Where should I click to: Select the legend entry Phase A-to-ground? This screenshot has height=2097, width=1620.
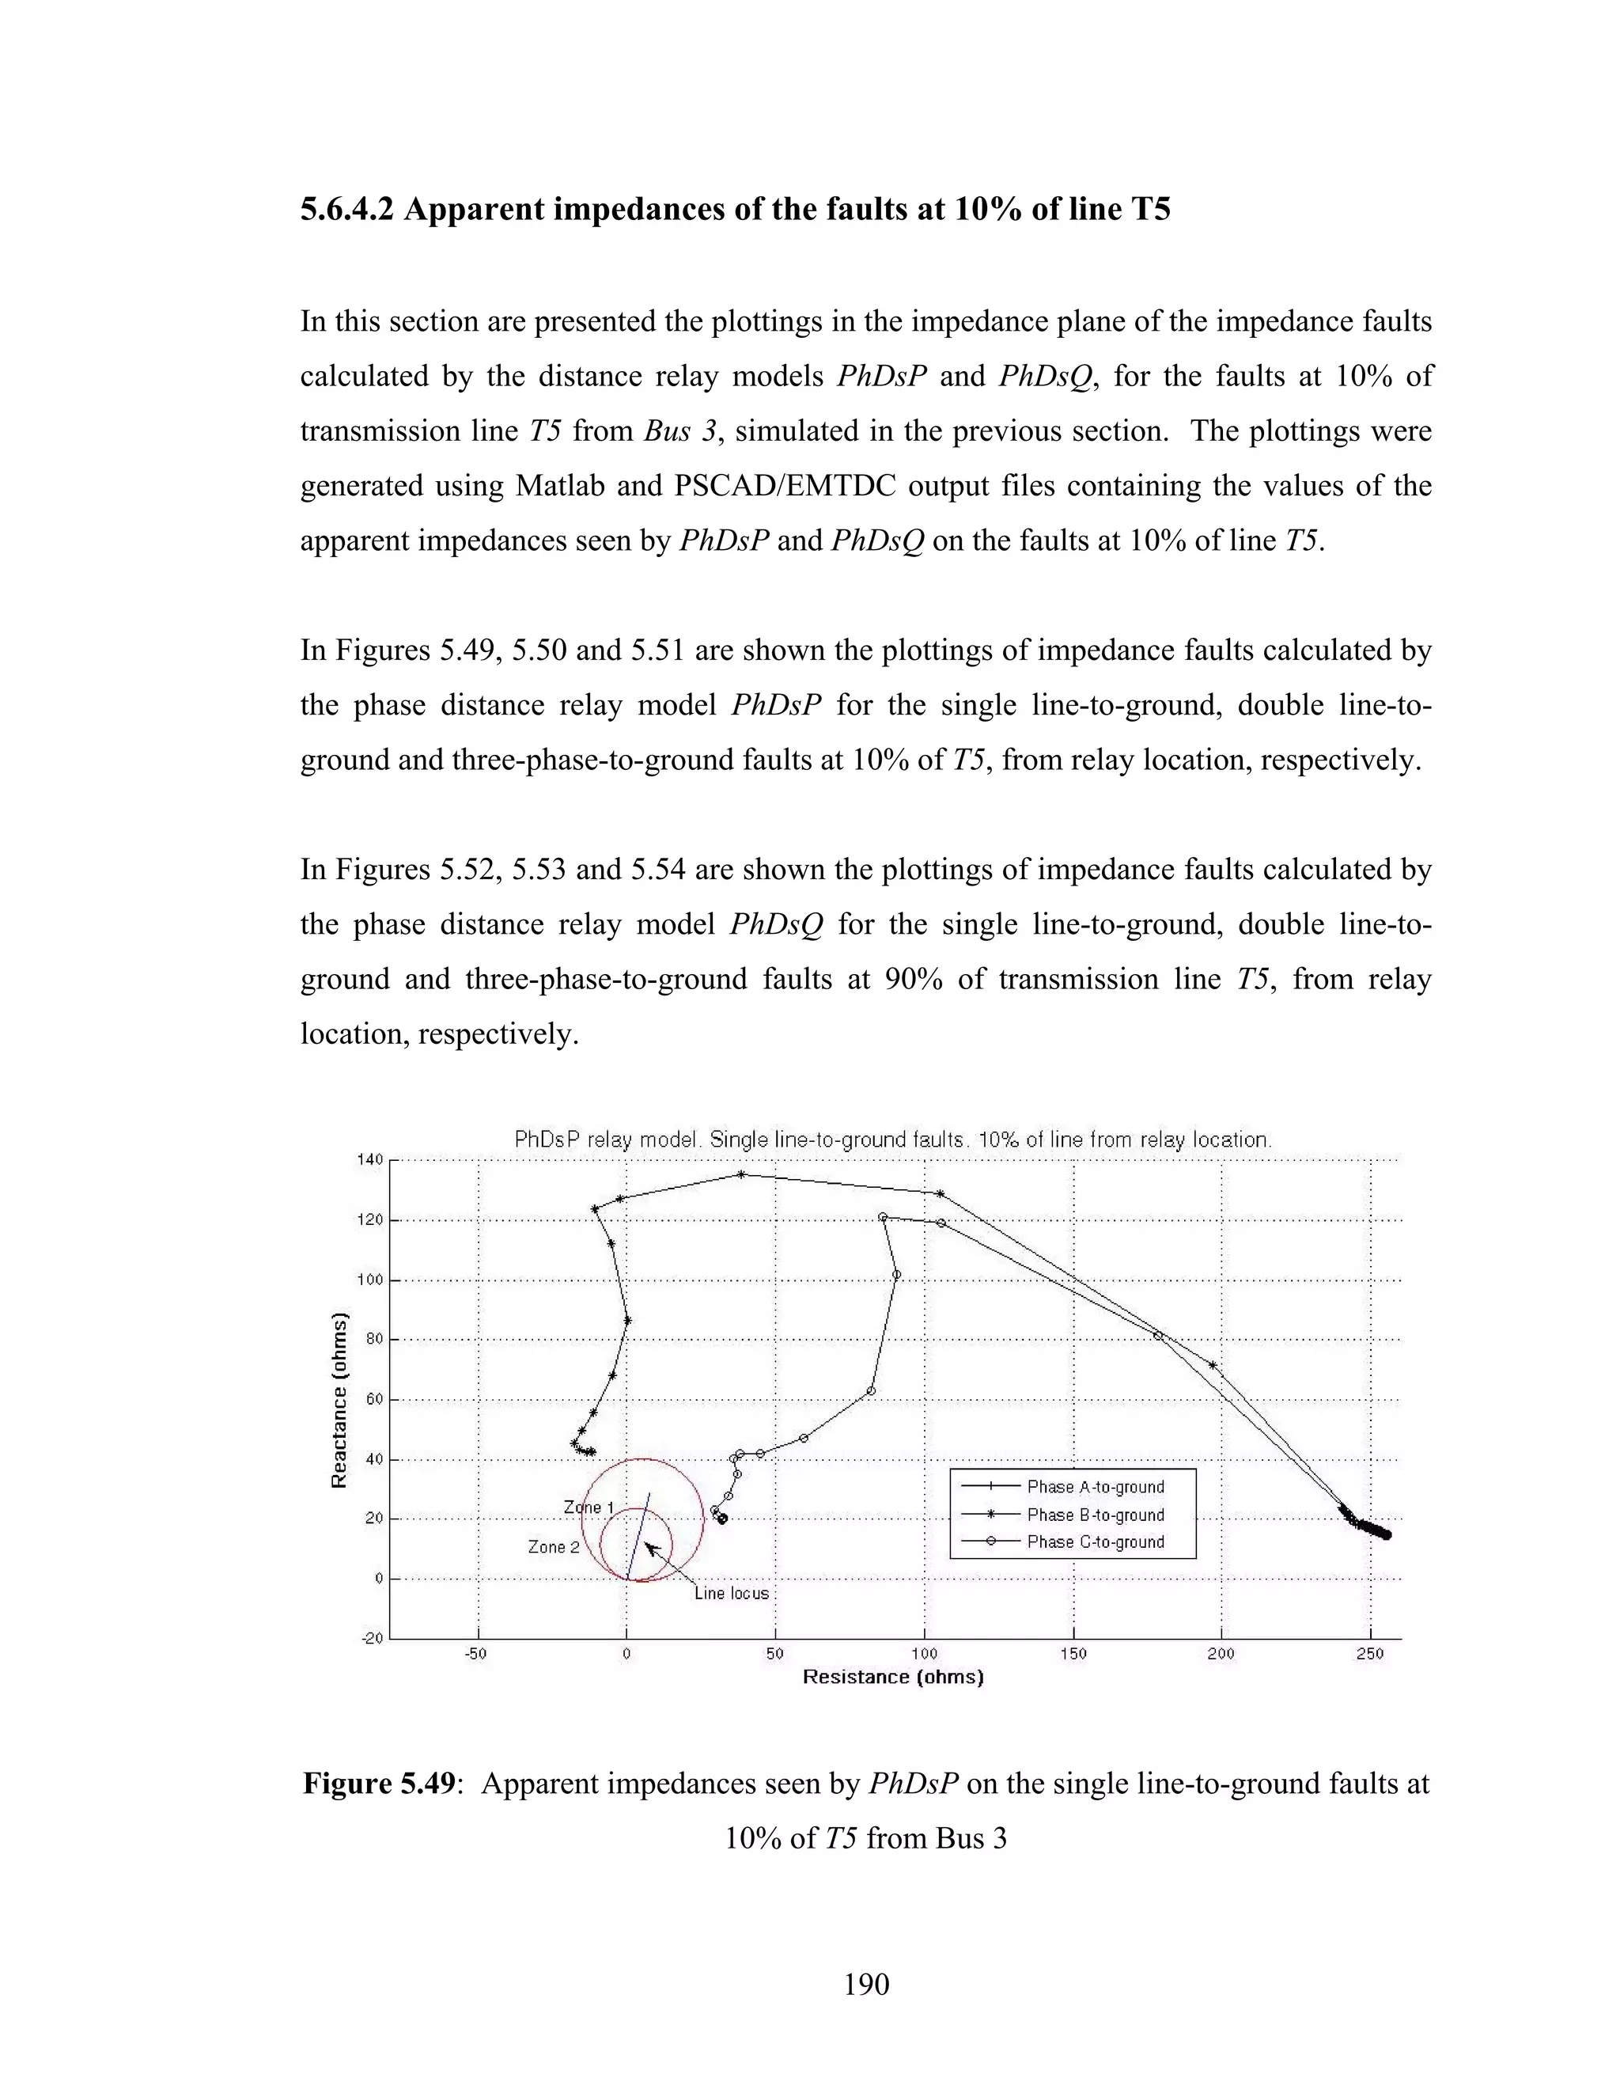[x=1095, y=1486]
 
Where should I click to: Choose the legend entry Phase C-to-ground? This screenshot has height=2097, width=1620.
[x=1095, y=1542]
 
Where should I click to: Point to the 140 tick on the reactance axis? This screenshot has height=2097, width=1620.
[x=369, y=1160]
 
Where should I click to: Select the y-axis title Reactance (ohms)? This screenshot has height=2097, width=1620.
[x=338, y=1399]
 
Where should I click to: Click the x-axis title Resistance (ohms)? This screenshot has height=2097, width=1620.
[x=892, y=1677]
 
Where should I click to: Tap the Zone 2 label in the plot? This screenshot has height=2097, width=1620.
[x=554, y=1547]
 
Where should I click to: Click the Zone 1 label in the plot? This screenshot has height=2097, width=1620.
[x=588, y=1507]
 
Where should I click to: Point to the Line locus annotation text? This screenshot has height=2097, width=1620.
[x=732, y=1594]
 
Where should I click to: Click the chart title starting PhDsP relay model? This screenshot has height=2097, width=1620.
[x=892, y=1140]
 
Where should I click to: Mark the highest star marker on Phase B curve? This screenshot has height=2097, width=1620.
[x=741, y=1174]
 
